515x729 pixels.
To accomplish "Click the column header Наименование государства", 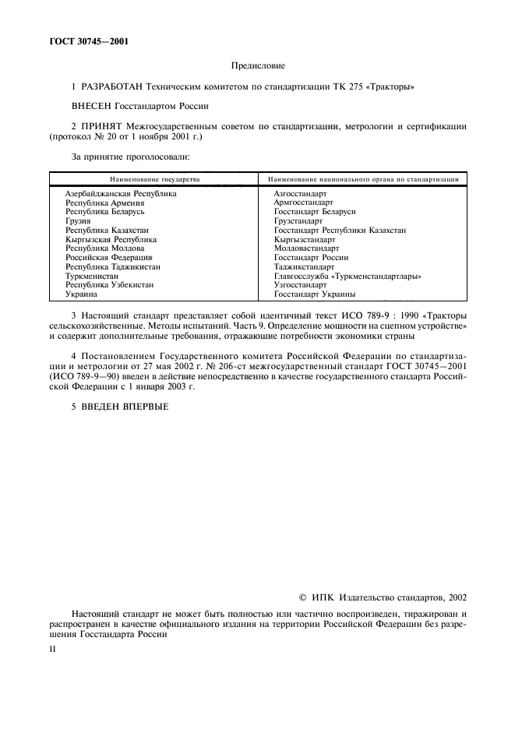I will coord(154,179).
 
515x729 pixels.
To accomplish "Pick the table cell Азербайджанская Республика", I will coord(121,192).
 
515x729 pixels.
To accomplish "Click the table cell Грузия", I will coord(78,220).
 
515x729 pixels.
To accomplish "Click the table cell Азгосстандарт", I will coord(300,192).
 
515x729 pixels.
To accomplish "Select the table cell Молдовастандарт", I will coord(306,248).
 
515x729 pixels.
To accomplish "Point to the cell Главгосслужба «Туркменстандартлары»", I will coord(347,276).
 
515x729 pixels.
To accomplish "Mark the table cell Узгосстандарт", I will coord(300,285).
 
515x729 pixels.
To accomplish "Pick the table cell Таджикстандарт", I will coord(304,266).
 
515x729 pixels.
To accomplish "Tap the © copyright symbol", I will coord(303,597).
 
